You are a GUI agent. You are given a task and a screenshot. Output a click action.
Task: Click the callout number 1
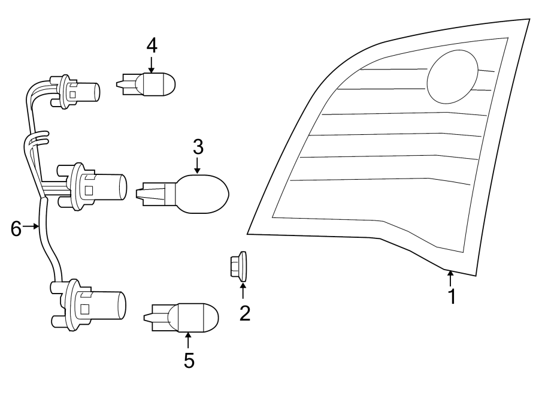[452, 295]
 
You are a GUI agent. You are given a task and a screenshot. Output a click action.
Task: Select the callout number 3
[198, 146]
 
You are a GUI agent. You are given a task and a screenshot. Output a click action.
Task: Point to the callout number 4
[152, 45]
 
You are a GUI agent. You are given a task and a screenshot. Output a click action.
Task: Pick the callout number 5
[189, 360]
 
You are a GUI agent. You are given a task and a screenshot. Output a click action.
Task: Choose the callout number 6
[16, 227]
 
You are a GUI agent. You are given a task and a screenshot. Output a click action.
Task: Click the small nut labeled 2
[240, 267]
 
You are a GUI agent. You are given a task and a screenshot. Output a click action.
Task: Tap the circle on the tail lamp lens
[453, 77]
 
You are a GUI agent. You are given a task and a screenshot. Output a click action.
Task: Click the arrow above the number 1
[450, 277]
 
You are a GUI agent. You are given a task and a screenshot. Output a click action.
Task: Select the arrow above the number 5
[188, 340]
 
